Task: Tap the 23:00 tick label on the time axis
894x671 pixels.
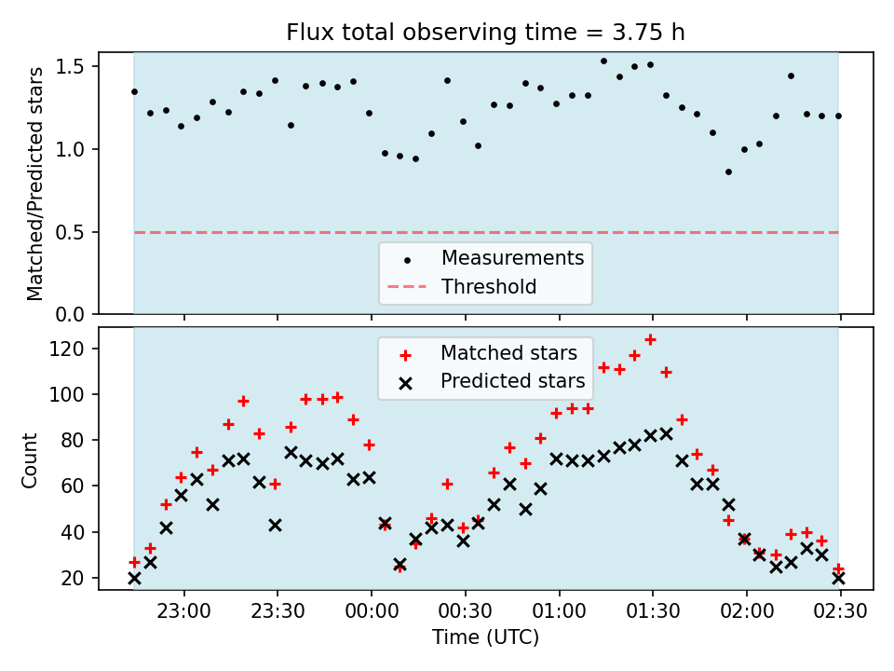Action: coord(183,611)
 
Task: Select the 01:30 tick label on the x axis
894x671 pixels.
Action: coord(652,611)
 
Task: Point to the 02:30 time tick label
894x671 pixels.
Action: coord(840,611)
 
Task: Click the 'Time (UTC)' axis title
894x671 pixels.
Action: coord(485,637)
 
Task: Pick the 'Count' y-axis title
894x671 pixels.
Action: coord(29,460)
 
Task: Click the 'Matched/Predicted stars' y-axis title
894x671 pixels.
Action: coord(34,184)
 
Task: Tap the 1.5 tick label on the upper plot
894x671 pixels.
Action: coord(70,67)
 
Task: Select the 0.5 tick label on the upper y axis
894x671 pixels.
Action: coord(70,232)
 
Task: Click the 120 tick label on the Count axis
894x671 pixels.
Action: coord(67,349)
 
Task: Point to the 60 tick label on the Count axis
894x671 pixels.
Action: coord(73,486)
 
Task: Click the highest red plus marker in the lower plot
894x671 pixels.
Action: coord(650,340)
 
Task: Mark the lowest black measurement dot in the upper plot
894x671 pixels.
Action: coord(728,171)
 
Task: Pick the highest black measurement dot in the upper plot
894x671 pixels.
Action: coord(603,62)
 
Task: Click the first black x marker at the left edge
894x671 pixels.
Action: coord(134,579)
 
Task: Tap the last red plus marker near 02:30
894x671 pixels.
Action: coord(838,568)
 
